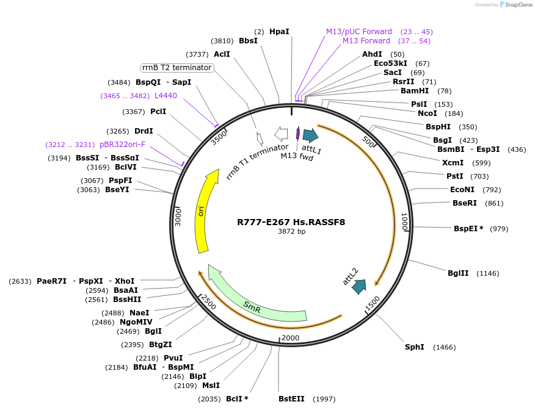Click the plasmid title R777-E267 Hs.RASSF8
click(291, 222)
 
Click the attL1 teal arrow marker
click(310, 135)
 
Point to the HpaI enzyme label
click(279, 31)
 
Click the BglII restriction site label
click(458, 273)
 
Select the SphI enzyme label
click(414, 347)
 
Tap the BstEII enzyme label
click(291, 399)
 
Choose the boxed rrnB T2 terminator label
click(177, 68)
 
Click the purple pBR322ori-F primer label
click(122, 145)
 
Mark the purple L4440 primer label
click(166, 96)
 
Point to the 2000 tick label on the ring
click(291, 338)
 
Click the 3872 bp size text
click(291, 232)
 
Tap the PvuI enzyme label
click(173, 358)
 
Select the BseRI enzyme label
click(465, 203)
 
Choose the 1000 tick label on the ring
click(404, 221)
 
